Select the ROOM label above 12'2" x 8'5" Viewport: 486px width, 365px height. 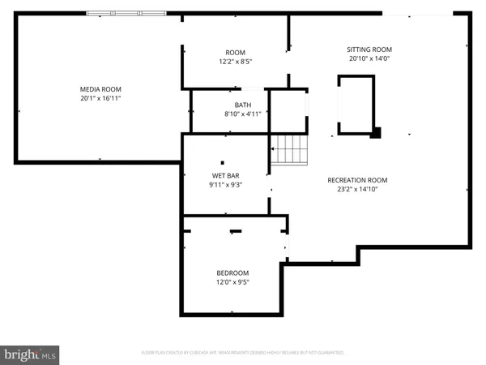235,52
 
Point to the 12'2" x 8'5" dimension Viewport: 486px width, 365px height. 235,61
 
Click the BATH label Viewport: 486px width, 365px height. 243,105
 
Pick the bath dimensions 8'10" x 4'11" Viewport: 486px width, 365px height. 243,114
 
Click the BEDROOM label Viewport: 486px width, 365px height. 232,273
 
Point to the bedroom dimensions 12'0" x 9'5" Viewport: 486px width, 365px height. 232,282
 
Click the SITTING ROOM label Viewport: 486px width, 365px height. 369,49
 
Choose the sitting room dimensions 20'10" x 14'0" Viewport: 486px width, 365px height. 369,58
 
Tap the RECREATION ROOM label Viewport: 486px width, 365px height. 357,180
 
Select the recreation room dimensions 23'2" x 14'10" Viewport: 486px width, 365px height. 357,189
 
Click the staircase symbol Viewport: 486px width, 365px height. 290,149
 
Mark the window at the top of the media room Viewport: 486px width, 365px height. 126,13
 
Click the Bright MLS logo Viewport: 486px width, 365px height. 31,354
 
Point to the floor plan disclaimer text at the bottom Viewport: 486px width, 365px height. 243,353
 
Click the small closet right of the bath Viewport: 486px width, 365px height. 288,111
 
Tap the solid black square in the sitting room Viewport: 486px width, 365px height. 375,133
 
